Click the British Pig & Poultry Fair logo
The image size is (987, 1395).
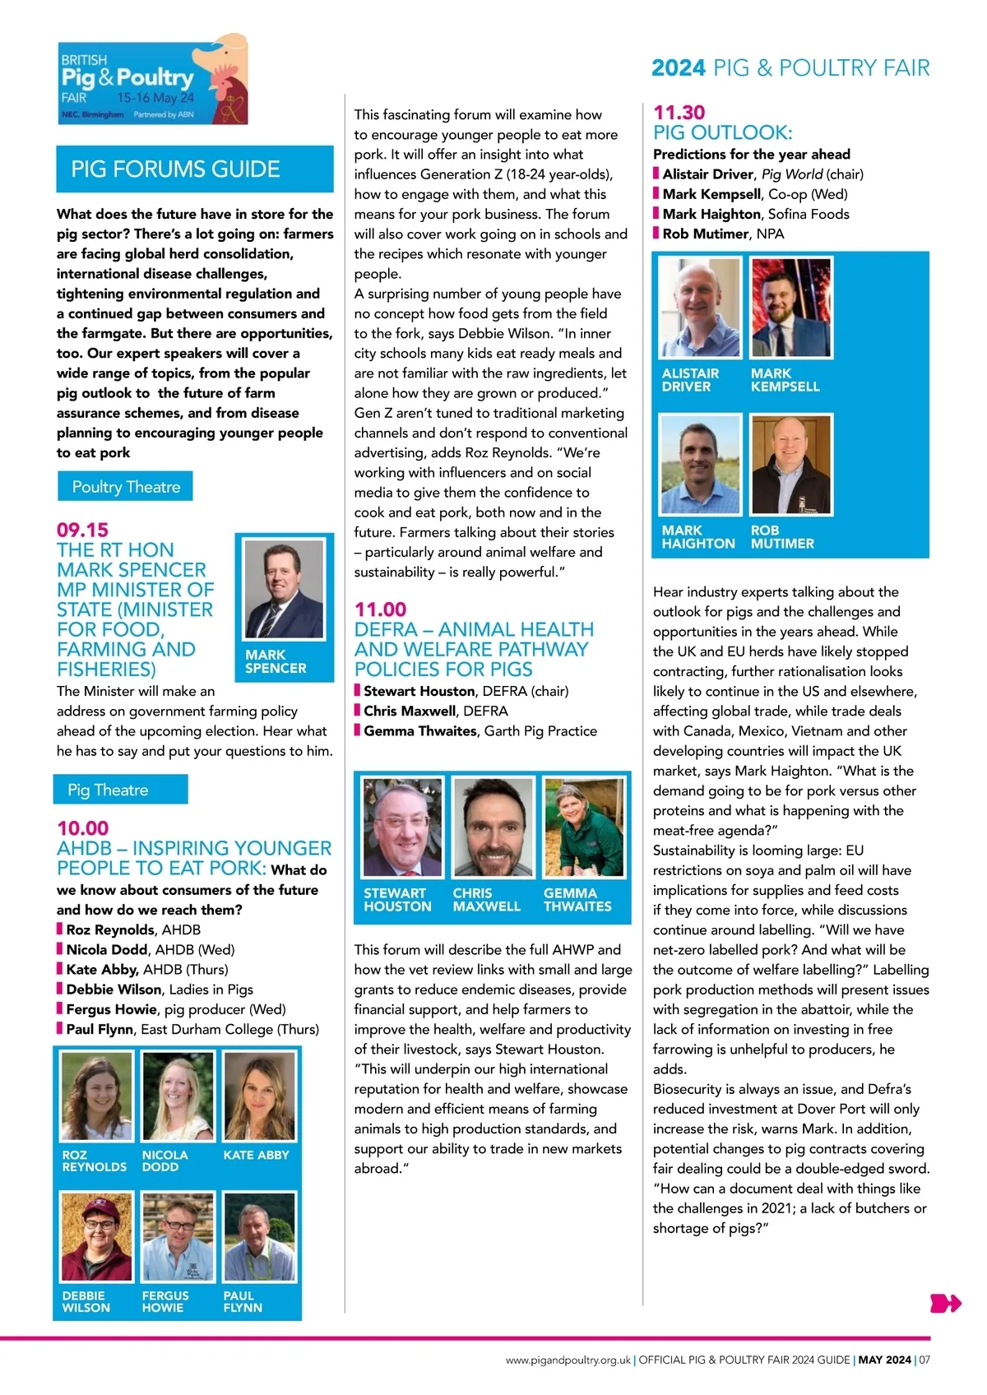pyautogui.click(x=153, y=80)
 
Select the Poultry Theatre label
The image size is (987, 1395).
pyautogui.click(x=126, y=487)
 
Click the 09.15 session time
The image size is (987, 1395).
pyautogui.click(x=82, y=530)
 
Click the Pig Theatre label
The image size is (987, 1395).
pyautogui.click(x=108, y=790)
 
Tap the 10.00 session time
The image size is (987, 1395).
pyautogui.click(x=82, y=827)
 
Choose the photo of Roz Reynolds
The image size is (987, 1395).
pyautogui.click(x=96, y=1096)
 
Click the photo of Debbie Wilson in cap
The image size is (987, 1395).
pyautogui.click(x=96, y=1236)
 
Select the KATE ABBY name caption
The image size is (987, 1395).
pyautogui.click(x=256, y=1155)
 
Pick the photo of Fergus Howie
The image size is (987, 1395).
pyautogui.click(x=177, y=1236)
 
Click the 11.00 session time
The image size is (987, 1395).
pyautogui.click(x=380, y=609)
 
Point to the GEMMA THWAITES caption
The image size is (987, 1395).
pyautogui.click(x=577, y=899)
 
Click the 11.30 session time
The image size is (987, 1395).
pyautogui.click(x=679, y=113)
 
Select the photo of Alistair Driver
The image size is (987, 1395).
pyautogui.click(x=700, y=308)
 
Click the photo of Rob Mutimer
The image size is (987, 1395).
pyautogui.click(x=790, y=465)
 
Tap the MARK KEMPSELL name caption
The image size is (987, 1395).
pyautogui.click(x=785, y=380)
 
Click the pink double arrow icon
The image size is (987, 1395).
pyautogui.click(x=944, y=1303)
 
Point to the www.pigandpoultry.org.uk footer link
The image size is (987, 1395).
pyautogui.click(x=568, y=1360)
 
